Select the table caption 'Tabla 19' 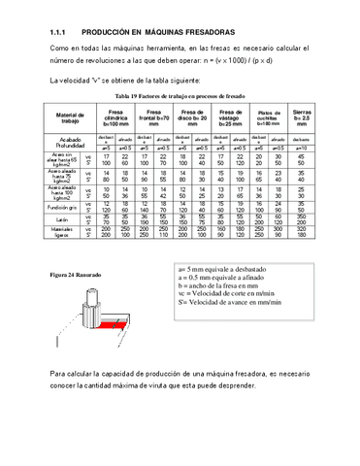point(180,99)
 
